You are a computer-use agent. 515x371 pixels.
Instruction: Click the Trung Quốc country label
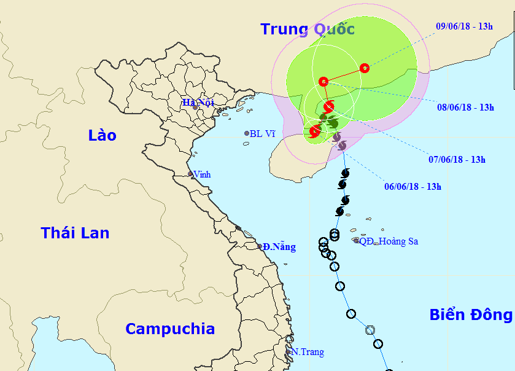click(x=307, y=29)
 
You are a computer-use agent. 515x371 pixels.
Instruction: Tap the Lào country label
click(x=102, y=135)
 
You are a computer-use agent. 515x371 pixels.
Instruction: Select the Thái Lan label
click(x=75, y=233)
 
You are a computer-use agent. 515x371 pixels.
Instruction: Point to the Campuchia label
click(x=170, y=329)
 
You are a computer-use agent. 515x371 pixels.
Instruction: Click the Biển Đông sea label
click(x=471, y=315)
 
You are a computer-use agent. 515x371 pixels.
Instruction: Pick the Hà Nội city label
click(x=198, y=102)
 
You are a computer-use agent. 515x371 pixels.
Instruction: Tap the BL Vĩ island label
click(x=262, y=133)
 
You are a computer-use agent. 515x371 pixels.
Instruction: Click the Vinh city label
click(x=202, y=174)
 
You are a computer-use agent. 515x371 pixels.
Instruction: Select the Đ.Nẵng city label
click(x=279, y=247)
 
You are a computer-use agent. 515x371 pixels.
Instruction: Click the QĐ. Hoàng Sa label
click(x=389, y=241)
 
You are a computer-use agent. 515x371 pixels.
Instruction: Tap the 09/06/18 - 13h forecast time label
click(x=464, y=26)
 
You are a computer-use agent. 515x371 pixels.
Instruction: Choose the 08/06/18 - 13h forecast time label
click(x=465, y=107)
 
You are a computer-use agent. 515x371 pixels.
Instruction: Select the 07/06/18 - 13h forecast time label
click(x=457, y=160)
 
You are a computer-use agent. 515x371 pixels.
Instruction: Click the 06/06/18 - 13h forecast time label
click(x=412, y=187)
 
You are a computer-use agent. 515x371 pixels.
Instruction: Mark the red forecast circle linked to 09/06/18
click(x=365, y=68)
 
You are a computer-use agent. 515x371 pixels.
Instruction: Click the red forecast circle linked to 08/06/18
click(x=323, y=81)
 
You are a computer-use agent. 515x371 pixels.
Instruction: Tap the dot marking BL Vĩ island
click(x=247, y=133)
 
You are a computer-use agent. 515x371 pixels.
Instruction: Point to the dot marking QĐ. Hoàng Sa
click(x=356, y=240)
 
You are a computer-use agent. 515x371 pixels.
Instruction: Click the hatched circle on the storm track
click(x=370, y=330)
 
